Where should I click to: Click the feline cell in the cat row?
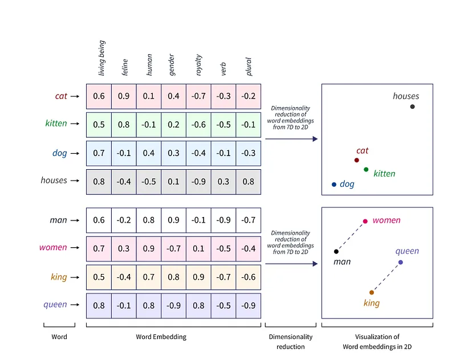[124, 96]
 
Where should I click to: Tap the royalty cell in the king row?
[198, 277]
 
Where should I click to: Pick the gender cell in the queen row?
[173, 305]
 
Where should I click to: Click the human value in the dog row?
[149, 153]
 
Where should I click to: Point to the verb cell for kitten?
[223, 124]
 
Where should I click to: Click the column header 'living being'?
[102, 58]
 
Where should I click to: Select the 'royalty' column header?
[198, 64]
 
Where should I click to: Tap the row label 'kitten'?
[56, 124]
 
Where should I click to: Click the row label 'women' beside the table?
[53, 248]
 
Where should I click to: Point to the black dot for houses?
[412, 107]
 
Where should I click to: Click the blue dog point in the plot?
[334, 185]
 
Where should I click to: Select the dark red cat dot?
[356, 161]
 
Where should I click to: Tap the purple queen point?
[401, 262]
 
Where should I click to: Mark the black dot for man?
[336, 251]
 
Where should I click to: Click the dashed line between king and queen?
[386, 277]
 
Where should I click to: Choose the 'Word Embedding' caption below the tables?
[161, 337]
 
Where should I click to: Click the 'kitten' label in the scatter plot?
[384, 174]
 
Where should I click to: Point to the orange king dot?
[372, 292]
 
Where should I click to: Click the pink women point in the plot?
[365, 221]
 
